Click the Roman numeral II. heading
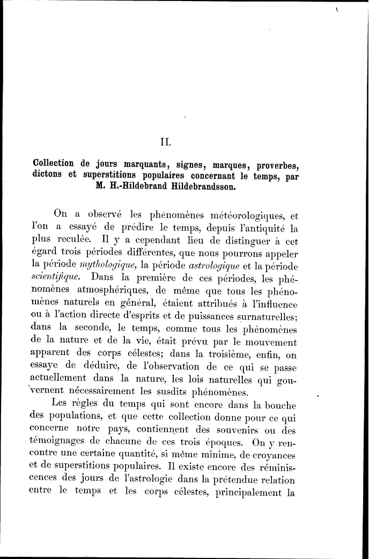[165, 142]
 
